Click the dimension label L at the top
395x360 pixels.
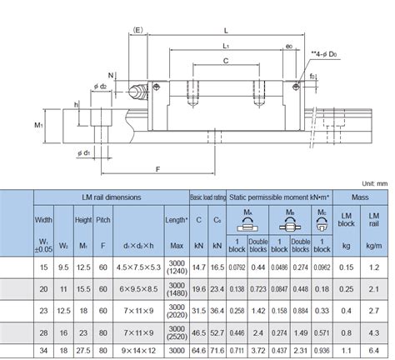[x=227, y=29]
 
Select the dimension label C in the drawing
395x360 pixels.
[x=226, y=61]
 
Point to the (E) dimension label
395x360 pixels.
[x=137, y=29]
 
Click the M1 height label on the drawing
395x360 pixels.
[x=38, y=124]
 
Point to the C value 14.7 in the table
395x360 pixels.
[x=199, y=267]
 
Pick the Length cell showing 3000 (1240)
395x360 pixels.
[x=176, y=267]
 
